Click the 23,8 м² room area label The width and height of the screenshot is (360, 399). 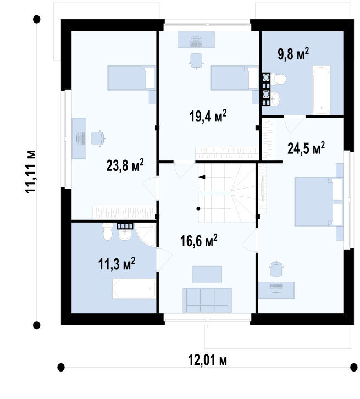pos(125,165)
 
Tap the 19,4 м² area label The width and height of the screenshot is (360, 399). pos(208,116)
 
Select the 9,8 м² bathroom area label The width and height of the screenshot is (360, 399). pos(293,54)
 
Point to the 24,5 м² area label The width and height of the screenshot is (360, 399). pos(306,148)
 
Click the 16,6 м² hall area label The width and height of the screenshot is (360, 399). pos(199,241)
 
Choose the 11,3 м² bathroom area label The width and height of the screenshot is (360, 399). pos(117,264)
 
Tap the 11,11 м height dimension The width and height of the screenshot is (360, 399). pos(30,172)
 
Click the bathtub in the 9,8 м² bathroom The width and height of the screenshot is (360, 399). pos(322,90)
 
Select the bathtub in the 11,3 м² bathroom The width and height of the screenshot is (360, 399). pos(134,289)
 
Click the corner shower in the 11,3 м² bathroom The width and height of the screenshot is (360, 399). pos(145,235)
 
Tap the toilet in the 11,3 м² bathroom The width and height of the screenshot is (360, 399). pos(108,232)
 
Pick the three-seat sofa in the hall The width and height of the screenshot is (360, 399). pos(207,300)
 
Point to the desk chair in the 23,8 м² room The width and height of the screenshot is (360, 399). pos(97,139)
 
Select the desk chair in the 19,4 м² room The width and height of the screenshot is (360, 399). pos(196,61)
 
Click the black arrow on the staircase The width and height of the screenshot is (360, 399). pos(202,177)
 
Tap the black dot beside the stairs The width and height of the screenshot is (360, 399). pos(198,209)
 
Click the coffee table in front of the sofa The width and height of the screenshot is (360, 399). pos(207,274)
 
